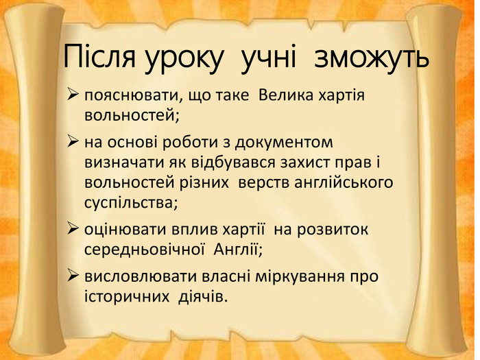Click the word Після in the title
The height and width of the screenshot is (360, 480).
click(99, 57)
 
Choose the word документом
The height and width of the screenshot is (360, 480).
click(284, 143)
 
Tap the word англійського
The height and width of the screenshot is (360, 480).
click(344, 183)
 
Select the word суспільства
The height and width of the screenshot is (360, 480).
click(131, 204)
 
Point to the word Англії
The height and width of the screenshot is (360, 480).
click(238, 250)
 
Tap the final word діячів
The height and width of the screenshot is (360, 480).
click(203, 296)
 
